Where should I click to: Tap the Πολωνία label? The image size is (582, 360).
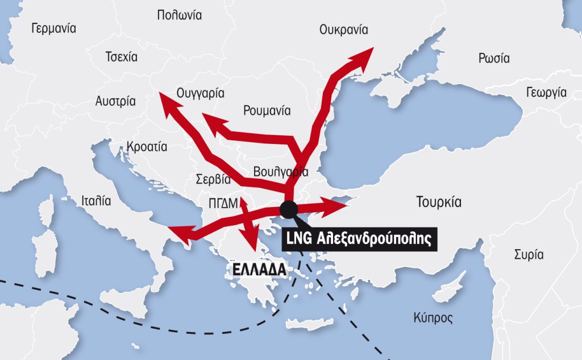[179, 15]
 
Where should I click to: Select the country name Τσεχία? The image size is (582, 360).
[122, 57]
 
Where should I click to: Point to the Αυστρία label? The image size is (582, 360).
[115, 102]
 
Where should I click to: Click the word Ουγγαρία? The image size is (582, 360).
[201, 93]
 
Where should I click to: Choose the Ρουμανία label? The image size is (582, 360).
[267, 110]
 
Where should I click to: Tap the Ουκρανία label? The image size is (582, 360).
[344, 30]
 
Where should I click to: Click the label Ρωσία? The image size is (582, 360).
[494, 58]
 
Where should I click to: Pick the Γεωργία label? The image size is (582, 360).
[546, 92]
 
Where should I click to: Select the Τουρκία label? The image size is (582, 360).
[438, 202]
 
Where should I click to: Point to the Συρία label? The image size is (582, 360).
[529, 254]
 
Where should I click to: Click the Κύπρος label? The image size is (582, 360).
[433, 317]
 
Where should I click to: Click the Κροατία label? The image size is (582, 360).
[147, 146]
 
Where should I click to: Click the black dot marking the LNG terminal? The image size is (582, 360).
[288, 209]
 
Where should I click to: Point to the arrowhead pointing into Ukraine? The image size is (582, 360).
[364, 55]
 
